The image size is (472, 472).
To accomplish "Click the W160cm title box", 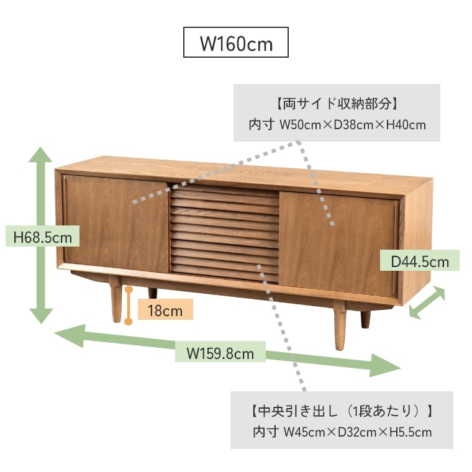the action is [x=236, y=42].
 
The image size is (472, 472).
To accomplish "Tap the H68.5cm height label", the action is [x=42, y=237].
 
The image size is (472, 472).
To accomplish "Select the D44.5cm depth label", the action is [x=420, y=260].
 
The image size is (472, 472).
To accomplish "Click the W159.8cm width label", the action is [x=220, y=352].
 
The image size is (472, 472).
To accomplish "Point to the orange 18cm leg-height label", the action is [x=165, y=309].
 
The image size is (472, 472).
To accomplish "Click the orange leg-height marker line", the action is [x=129, y=306].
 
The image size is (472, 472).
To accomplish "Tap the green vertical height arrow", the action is [x=40, y=235].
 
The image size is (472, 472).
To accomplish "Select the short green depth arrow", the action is [x=427, y=302].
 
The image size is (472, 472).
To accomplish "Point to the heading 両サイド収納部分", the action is [x=337, y=104].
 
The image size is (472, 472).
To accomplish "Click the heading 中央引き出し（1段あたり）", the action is [x=342, y=411].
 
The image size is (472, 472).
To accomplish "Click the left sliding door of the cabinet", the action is [x=116, y=224].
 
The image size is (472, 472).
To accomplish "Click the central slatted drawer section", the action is [x=225, y=234].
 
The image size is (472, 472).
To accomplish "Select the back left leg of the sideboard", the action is [x=152, y=294].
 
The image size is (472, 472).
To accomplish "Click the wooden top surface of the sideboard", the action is [x=244, y=175].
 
